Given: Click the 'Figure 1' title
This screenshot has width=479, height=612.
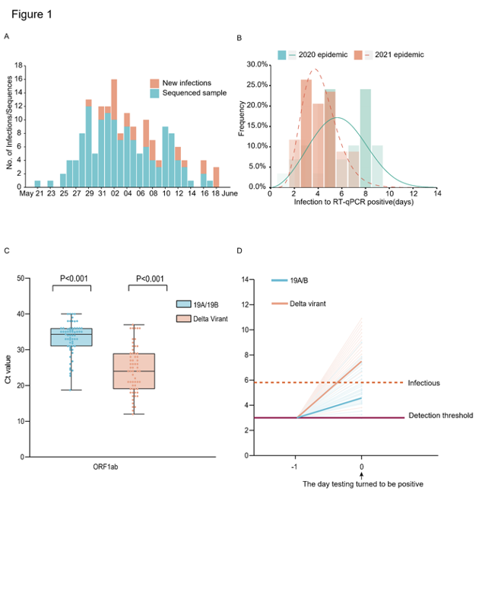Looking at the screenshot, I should click(32, 14).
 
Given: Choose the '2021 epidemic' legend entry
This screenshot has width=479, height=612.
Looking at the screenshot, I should click(395, 55).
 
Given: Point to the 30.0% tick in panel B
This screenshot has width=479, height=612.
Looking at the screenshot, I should click(255, 64).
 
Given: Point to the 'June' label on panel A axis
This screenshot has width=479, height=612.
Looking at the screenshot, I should click(230, 193).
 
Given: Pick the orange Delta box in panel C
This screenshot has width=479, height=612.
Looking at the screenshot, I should click(134, 371).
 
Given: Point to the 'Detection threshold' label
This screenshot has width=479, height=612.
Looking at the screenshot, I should click(440, 416).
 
